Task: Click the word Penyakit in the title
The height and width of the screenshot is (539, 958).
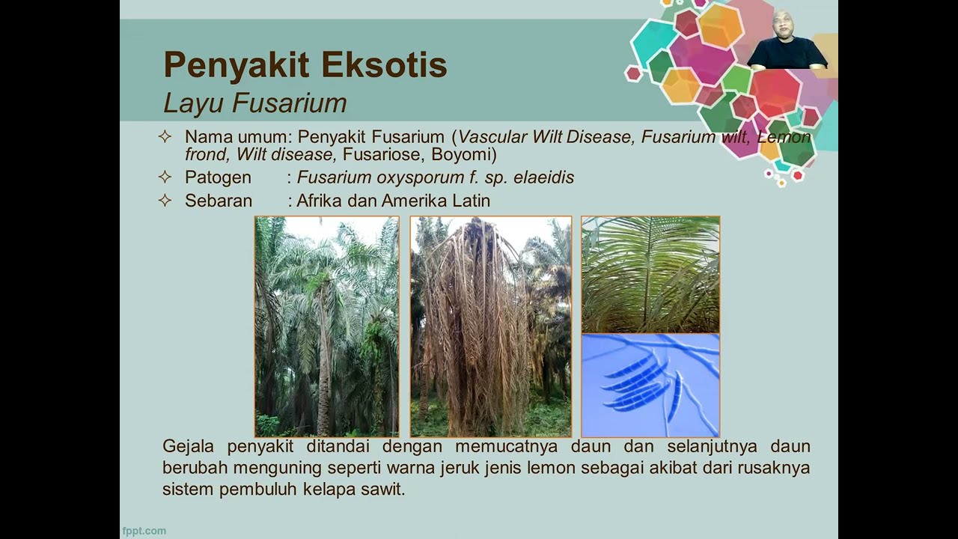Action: tap(237, 65)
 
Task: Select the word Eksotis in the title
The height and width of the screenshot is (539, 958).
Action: tap(384, 64)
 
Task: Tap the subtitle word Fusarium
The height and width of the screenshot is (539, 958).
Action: tap(290, 103)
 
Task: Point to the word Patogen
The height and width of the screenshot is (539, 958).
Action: tap(218, 177)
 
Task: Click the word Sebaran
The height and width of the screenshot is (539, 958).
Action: tap(219, 201)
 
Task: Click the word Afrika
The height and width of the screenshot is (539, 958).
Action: tap(319, 201)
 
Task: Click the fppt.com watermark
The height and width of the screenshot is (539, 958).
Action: tap(144, 531)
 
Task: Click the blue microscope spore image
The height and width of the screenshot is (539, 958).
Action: tap(650, 386)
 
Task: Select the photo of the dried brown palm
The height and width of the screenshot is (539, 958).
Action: tap(490, 326)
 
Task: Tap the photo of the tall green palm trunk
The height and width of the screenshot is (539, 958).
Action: tap(327, 326)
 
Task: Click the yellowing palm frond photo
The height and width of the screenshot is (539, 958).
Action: tap(650, 275)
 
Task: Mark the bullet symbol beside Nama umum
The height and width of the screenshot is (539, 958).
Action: tap(165, 137)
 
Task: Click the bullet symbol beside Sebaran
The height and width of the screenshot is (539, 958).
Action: tap(165, 200)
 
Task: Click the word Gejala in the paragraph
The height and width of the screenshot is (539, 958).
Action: tap(188, 447)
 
